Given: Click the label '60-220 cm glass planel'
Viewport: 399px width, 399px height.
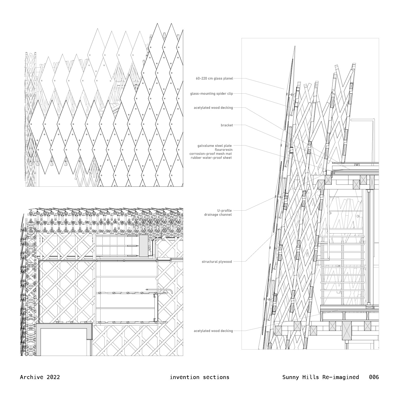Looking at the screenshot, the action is click(214, 78).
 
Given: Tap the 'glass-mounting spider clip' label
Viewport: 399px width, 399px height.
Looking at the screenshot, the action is click(211, 94).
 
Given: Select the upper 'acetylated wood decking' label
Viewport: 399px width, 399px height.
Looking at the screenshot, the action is click(213, 108).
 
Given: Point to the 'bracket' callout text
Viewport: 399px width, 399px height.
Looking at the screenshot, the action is click(227, 125).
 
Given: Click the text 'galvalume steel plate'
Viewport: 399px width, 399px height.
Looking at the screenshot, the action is click(214, 146).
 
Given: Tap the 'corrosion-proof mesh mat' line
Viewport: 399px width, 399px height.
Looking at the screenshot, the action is click(210, 154).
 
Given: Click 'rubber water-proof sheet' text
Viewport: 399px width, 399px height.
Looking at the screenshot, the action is click(211, 158).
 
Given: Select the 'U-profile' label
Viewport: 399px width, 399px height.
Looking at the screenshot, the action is click(224, 211).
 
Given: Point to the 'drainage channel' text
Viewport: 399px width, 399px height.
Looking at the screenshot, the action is click(218, 215).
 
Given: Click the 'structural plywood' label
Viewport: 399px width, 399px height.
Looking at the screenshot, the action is click(217, 262).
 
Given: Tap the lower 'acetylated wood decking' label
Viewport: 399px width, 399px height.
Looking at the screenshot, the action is click(213, 331).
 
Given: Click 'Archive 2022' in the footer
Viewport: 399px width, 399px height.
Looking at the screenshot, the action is click(40, 377).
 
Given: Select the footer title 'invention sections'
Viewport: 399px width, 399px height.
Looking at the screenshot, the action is click(199, 377).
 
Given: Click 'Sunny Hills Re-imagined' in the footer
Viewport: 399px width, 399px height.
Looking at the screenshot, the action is click(321, 377).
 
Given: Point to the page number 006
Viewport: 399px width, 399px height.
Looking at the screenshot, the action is click(374, 377).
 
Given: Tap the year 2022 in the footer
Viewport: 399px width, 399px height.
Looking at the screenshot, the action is click(53, 377).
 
